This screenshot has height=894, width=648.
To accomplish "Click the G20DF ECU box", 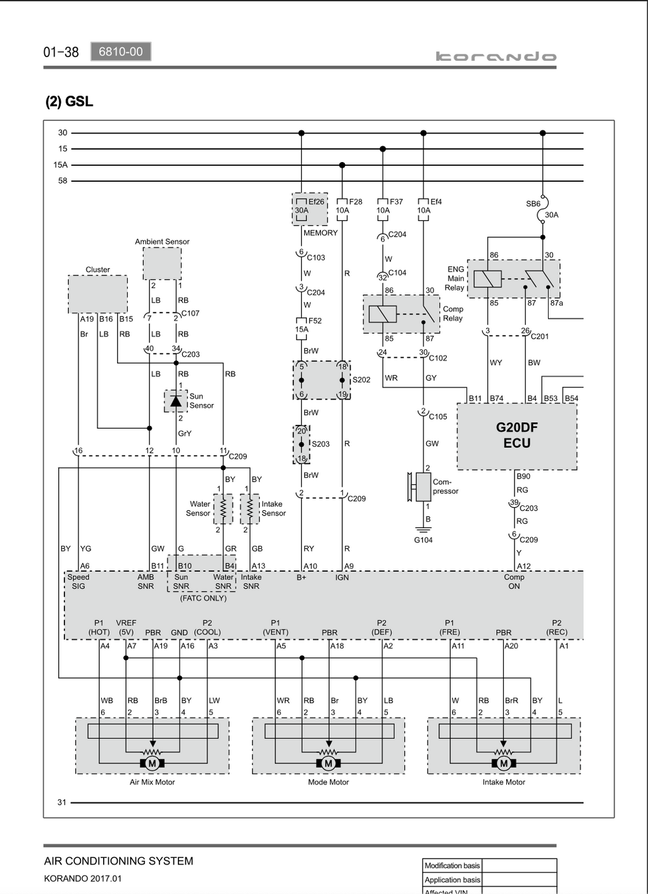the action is pos(517,436).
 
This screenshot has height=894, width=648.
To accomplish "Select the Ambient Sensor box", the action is pos(162,263).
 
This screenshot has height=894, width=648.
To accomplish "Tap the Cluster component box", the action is pos(97,294).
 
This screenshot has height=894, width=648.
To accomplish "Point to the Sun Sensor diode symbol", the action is pos(176,401).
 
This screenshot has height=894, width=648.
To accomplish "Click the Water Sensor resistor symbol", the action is pos(223,509).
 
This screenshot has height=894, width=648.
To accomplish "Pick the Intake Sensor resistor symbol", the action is pos(250,509).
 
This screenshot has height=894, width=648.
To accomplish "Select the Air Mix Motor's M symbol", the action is pos(152,764).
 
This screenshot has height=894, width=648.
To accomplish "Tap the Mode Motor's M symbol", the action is pos(328,764).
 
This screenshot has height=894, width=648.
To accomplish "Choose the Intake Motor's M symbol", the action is pos(504,764).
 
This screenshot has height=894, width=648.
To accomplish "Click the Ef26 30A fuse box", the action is pos(309,209).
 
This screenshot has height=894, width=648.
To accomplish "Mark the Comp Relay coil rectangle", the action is pos(383,314).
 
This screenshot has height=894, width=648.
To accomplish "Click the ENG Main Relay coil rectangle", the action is pos(488,279).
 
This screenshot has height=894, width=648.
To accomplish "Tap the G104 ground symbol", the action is pos(423,530).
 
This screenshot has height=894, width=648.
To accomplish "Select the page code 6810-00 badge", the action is pos(121,51).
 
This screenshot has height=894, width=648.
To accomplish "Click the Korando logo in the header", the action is pos(496,56).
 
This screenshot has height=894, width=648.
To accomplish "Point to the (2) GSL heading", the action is pos(70,101).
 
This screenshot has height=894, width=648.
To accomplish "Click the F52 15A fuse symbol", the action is pos(301,329).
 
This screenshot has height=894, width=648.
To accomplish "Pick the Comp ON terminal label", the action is pos(514,581).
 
